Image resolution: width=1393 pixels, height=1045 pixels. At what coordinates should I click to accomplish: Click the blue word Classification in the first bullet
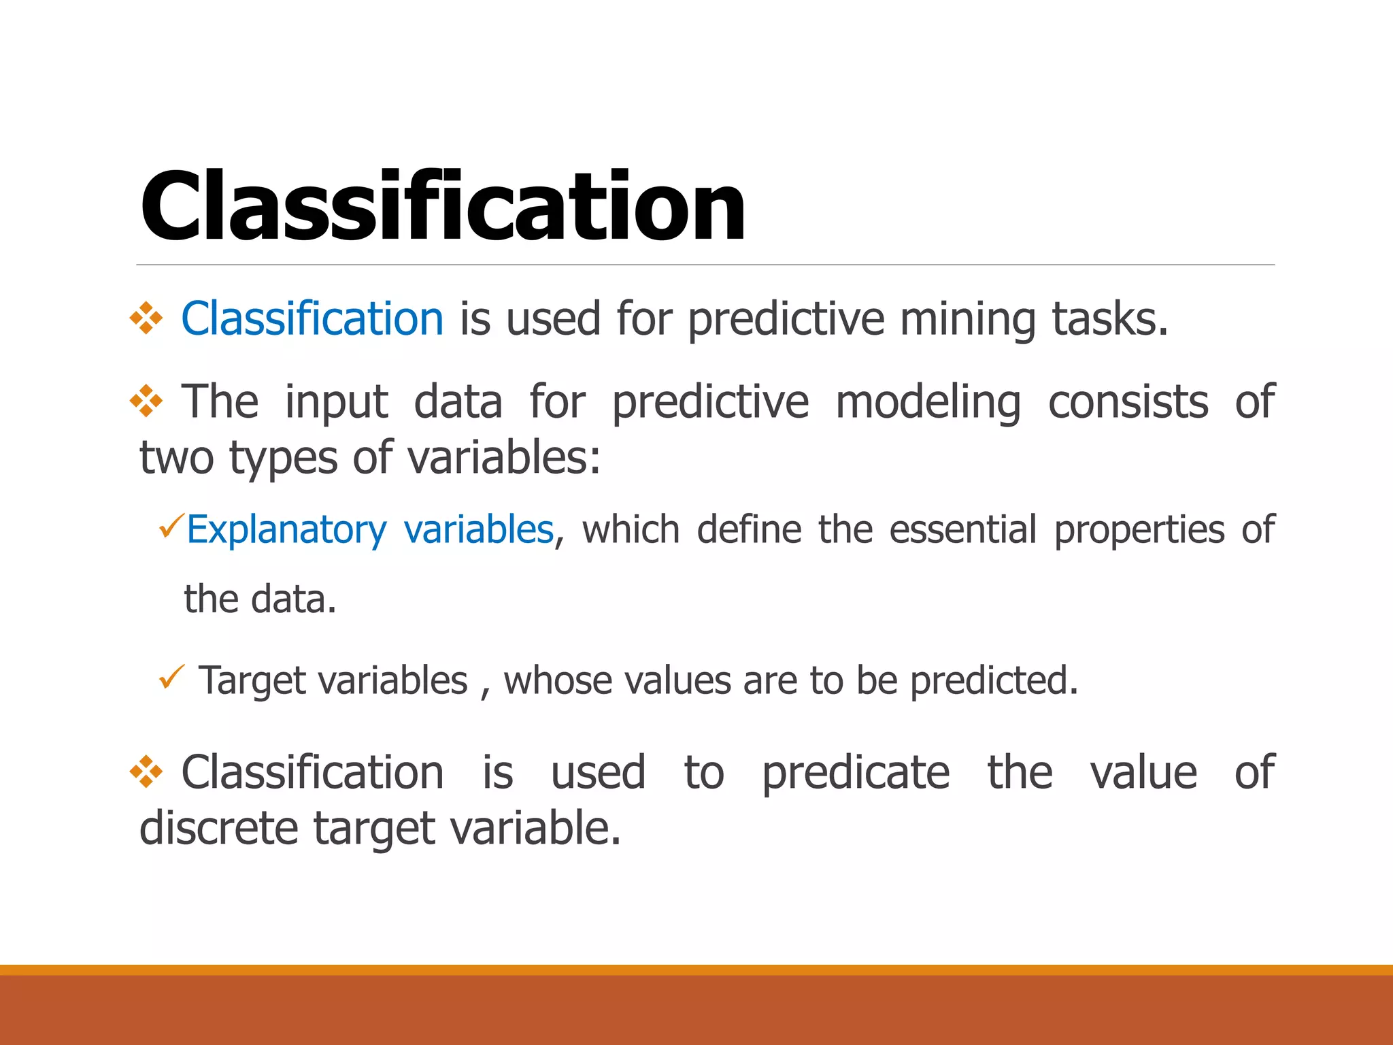point(312,318)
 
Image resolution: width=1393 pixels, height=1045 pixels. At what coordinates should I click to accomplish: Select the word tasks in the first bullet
point(1109,318)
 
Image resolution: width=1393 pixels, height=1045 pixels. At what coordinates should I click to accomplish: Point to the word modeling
point(928,401)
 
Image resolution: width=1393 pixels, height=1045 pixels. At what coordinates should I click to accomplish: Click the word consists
point(1128,401)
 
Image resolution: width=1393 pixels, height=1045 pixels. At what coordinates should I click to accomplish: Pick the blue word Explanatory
point(286,529)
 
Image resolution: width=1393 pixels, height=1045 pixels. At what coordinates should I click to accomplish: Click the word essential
point(962,529)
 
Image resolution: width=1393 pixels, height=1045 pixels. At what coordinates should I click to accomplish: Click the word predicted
point(994,680)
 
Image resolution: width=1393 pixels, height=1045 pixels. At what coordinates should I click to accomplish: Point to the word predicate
point(855,772)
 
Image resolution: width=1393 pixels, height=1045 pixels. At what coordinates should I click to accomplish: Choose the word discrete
point(218,828)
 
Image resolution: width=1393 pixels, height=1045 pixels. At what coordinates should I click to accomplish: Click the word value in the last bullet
point(1143,772)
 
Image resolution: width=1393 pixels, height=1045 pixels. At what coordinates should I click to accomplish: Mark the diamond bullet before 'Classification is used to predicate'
point(146,772)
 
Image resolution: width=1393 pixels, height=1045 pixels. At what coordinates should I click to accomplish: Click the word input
point(336,401)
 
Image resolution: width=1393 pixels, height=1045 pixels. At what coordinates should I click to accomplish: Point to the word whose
point(558,680)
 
